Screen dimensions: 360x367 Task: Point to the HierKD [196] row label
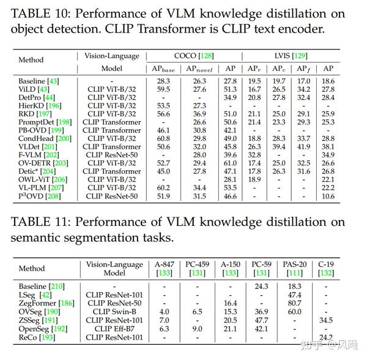[x=40, y=105]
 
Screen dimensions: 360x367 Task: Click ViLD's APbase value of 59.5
[x=163, y=89]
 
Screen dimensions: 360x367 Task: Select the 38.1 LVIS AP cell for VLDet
[x=328, y=146]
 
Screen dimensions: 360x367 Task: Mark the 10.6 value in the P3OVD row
[x=328, y=195]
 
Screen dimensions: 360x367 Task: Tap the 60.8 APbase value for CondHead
[x=163, y=138]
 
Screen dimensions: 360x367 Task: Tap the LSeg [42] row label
[x=35, y=294]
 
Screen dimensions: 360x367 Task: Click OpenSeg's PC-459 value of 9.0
[x=196, y=328]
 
